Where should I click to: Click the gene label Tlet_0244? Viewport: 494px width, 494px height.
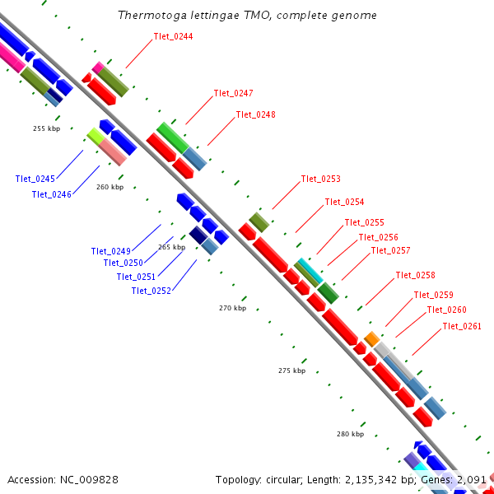click(173, 36)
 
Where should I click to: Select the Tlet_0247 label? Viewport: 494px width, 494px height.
click(233, 93)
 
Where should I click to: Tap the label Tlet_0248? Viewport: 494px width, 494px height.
click(255, 114)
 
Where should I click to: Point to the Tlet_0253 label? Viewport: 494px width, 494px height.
click(320, 179)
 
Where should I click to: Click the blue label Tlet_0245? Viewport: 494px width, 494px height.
click(35, 179)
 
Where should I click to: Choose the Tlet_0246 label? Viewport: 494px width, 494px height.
click(51, 194)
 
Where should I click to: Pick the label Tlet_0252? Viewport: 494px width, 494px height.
click(151, 290)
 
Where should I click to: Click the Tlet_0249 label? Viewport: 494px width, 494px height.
click(111, 251)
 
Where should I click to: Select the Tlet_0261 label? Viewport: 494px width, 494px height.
click(462, 326)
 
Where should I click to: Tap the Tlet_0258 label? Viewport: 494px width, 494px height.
click(415, 275)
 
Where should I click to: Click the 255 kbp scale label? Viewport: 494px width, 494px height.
click(46, 128)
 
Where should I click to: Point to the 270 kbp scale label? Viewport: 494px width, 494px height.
click(232, 308)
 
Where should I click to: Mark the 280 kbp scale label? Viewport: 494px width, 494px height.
click(350, 433)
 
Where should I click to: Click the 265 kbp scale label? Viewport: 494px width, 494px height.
click(171, 247)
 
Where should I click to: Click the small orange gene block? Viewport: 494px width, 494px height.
click(371, 338)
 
